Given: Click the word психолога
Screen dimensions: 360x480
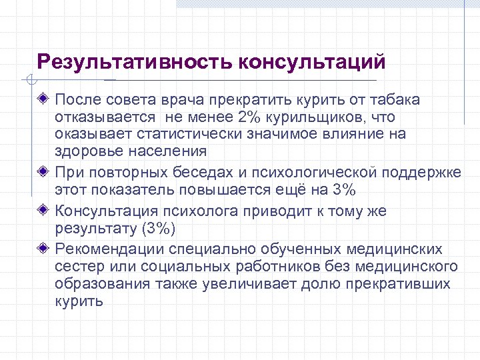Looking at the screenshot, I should (203, 211).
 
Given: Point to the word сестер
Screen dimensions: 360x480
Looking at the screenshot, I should (75, 267).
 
